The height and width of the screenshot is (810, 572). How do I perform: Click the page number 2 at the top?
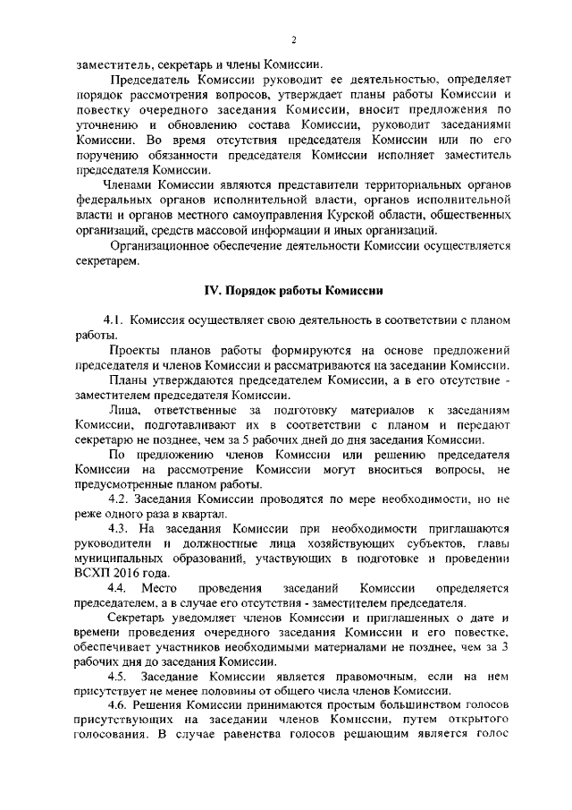tap(293, 40)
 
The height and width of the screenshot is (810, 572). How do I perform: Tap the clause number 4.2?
tap(119, 499)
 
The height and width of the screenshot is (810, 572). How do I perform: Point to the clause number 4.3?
tap(119, 529)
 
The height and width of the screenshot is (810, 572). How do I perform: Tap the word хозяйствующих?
tap(315, 544)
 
